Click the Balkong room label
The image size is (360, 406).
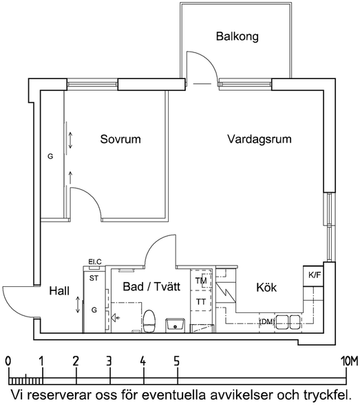point(237,36)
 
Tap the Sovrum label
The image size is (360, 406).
point(120,139)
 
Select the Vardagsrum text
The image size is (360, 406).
point(260,139)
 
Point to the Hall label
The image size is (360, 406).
point(59,291)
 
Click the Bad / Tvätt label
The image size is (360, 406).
point(151,287)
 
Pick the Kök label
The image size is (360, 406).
point(266,288)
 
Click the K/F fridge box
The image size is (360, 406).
point(313,276)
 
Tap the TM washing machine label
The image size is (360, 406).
point(201,281)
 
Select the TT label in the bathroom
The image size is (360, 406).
point(201,301)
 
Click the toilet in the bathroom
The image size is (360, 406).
point(149,321)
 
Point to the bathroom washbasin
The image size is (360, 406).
point(175,325)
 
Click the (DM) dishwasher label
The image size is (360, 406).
point(267,322)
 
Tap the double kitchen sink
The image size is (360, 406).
point(288,322)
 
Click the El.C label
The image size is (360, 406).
point(95,261)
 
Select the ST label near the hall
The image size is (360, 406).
point(94,278)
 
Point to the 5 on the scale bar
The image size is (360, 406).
point(177,361)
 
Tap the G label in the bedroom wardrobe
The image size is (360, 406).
point(50,156)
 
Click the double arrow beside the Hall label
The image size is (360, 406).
point(78,305)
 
